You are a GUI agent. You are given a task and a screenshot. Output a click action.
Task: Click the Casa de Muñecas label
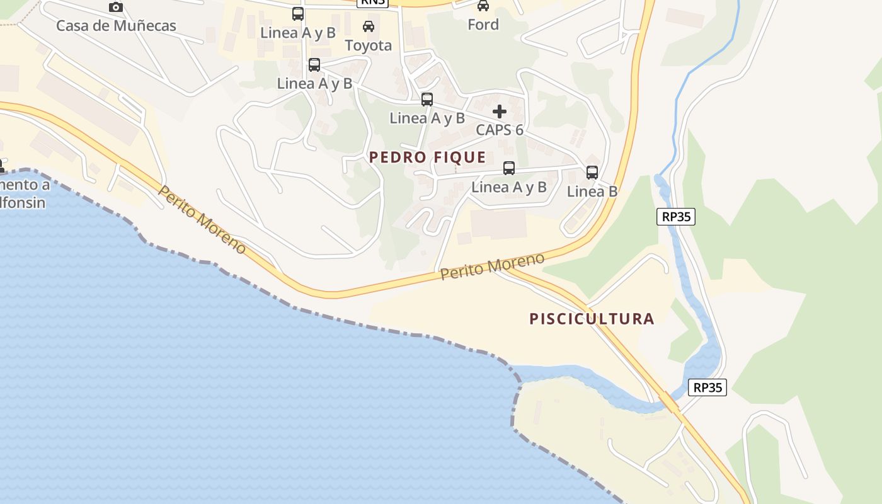pyautogui.click(x=116, y=26)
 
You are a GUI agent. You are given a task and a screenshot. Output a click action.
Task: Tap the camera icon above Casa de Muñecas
pyautogui.click(x=116, y=7)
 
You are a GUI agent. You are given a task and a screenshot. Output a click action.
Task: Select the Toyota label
pyautogui.click(x=369, y=45)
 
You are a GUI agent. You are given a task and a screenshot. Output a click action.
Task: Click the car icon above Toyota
pyautogui.click(x=369, y=26)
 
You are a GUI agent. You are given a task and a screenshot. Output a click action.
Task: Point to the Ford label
pyautogui.click(x=483, y=25)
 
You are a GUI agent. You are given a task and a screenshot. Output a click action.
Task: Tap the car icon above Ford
pyautogui.click(x=483, y=6)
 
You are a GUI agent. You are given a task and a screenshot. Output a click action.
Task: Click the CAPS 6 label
pyautogui.click(x=500, y=130)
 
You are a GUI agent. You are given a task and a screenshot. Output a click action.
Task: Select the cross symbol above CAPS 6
pyautogui.click(x=500, y=112)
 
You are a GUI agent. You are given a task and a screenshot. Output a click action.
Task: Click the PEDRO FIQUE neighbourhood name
pyautogui.click(x=428, y=157)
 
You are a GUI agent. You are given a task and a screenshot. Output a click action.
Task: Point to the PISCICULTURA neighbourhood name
pyautogui.click(x=592, y=319)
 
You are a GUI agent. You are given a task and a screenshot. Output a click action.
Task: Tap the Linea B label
pyautogui.click(x=592, y=191)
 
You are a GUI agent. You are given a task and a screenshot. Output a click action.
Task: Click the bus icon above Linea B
pyautogui.click(x=592, y=172)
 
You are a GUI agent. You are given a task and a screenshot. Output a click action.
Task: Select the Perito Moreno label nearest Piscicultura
pyautogui.click(x=492, y=266)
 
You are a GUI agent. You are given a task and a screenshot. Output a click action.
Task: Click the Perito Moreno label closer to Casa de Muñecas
pyautogui.click(x=202, y=219)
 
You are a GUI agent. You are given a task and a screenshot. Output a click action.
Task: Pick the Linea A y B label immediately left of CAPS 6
pyautogui.click(x=427, y=118)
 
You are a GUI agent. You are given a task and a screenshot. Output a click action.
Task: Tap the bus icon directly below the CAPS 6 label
pyautogui.click(x=509, y=168)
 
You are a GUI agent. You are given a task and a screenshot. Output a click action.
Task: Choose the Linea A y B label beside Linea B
pyautogui.click(x=509, y=187)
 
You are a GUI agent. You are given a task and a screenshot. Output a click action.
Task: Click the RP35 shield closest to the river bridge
pyautogui.click(x=707, y=387)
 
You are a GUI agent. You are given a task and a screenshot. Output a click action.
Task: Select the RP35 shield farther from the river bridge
pyautogui.click(x=675, y=217)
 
